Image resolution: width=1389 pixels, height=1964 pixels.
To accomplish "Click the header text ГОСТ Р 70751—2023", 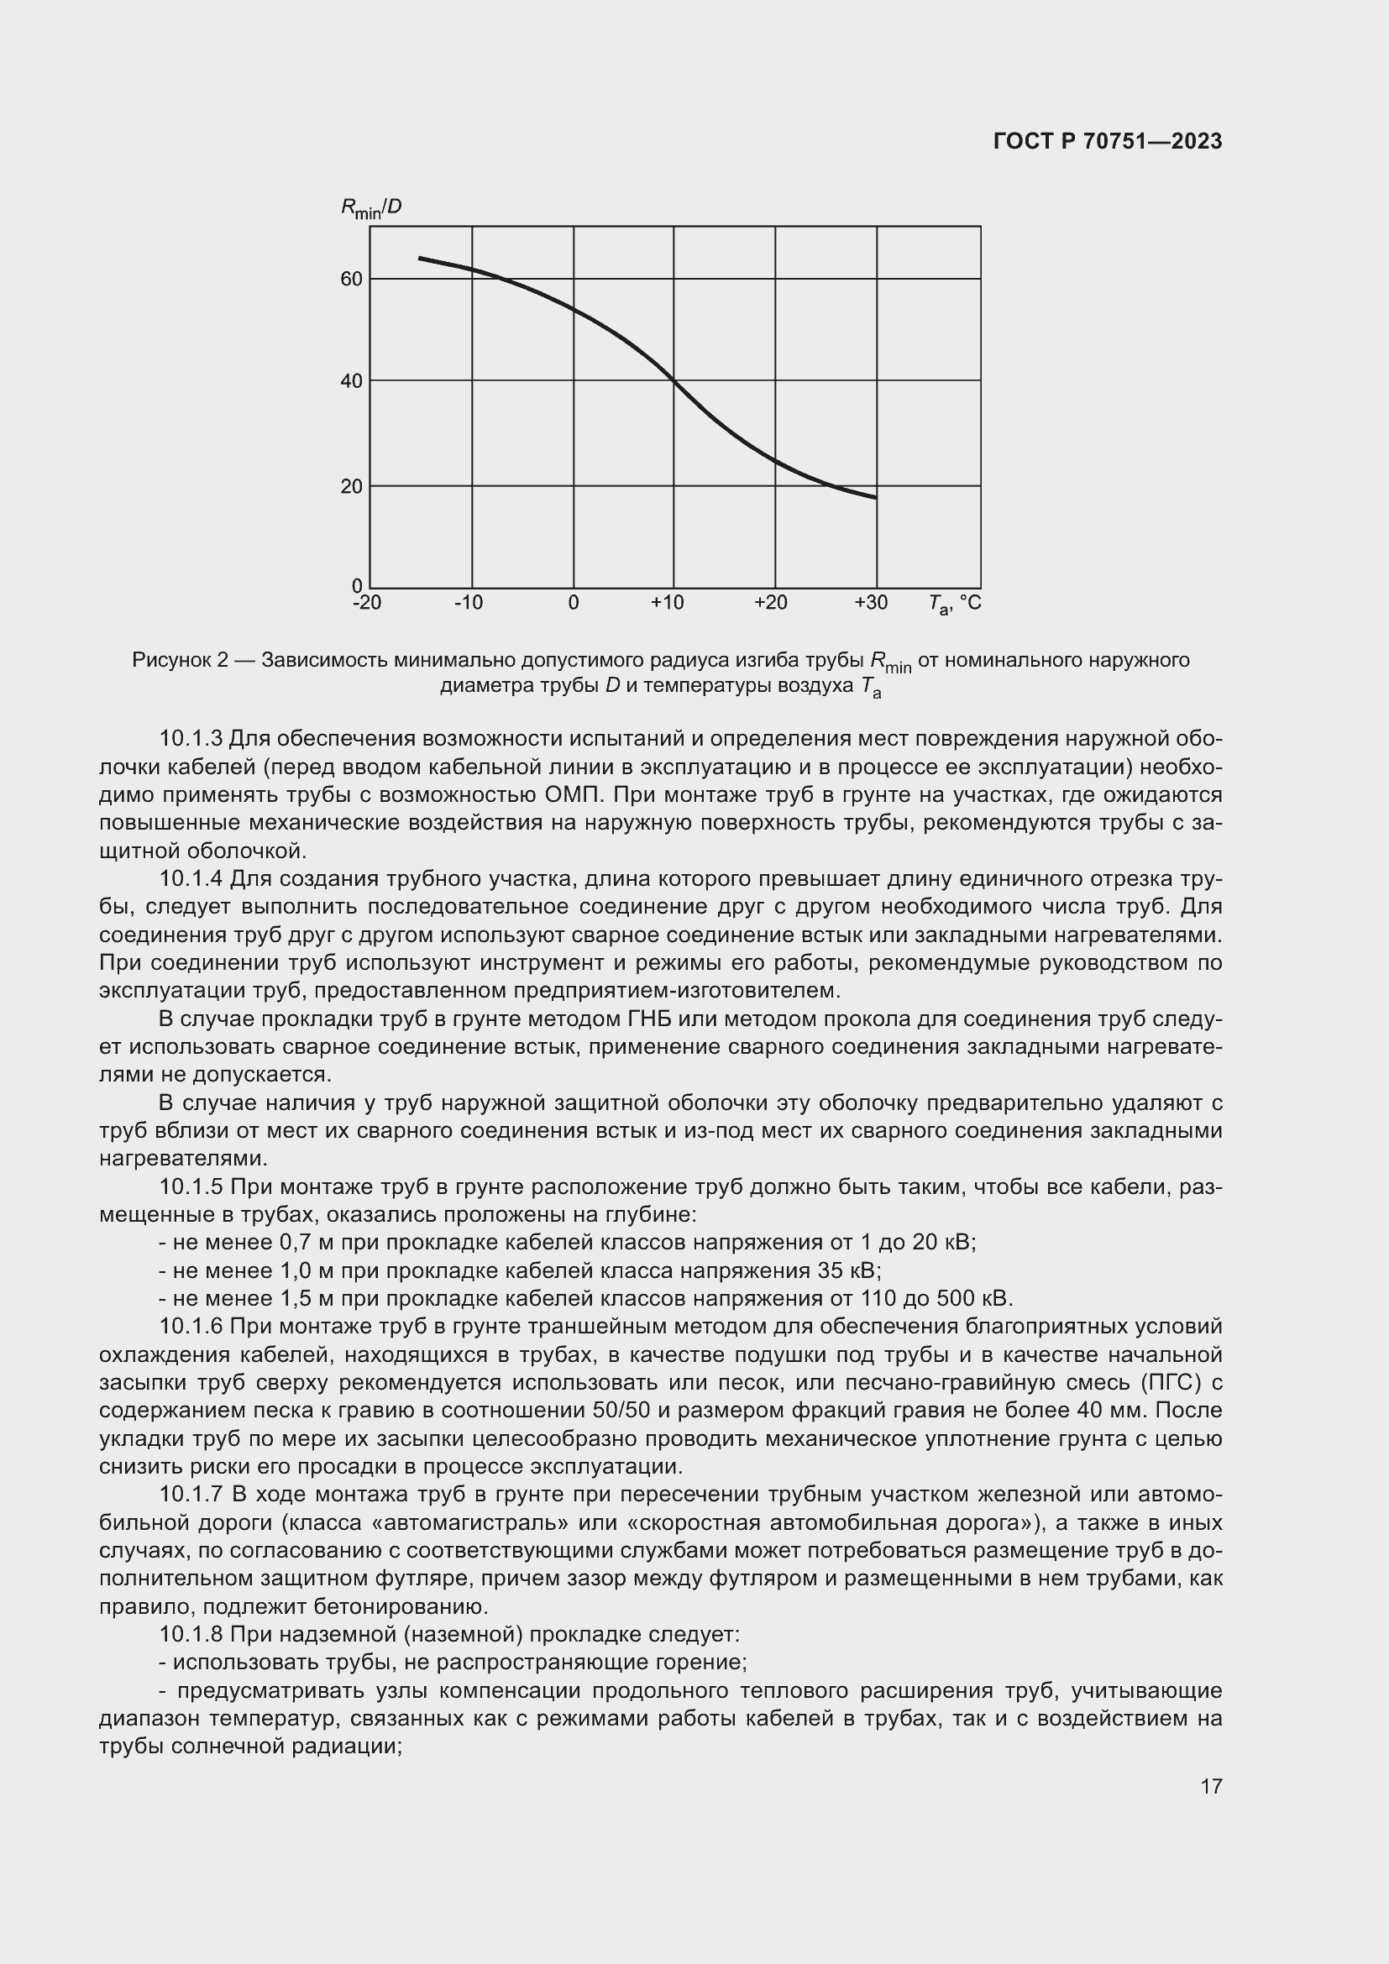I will [x=1108, y=141].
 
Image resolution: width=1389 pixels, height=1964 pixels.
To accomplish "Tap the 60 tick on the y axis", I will [x=352, y=279].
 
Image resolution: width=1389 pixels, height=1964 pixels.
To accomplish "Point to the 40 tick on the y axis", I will [x=352, y=380].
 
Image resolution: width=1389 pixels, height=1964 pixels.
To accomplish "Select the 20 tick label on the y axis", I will [x=352, y=487].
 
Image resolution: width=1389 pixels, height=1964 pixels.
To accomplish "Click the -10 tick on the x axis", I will [x=468, y=603].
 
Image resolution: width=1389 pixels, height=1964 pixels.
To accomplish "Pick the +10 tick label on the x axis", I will [x=667, y=603].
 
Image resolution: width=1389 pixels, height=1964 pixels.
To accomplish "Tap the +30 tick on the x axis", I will [x=871, y=603].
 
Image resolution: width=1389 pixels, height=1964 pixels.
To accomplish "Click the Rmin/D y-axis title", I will [x=371, y=208].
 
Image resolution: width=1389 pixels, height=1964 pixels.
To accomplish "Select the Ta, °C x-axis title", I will [x=955, y=604].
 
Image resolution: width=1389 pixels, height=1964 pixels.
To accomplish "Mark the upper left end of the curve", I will [x=420, y=258].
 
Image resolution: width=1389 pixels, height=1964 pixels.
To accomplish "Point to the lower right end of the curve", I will [x=875, y=497].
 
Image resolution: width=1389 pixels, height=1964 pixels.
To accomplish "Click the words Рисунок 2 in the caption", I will [x=181, y=660].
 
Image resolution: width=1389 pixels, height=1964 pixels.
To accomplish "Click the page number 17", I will [x=1211, y=1786].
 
